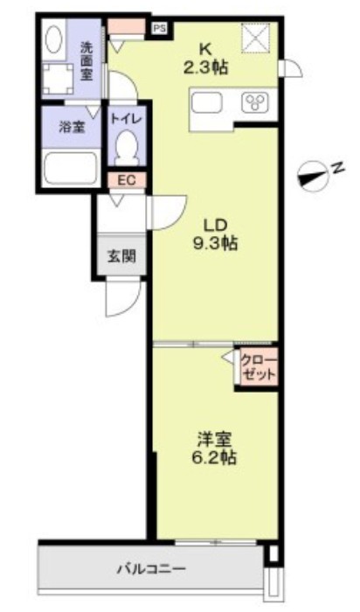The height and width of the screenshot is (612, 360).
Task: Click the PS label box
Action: pyautogui.click(x=159, y=27)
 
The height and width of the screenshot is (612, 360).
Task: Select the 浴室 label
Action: pyautogui.click(x=70, y=128)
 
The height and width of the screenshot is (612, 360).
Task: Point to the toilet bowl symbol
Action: pyautogui.click(x=128, y=145)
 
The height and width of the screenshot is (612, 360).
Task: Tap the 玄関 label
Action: pyautogui.click(x=121, y=256)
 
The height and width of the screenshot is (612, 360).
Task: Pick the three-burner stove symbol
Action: pyautogui.click(x=256, y=104)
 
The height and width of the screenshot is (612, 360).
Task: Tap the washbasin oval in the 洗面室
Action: pyautogui.click(x=53, y=39)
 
